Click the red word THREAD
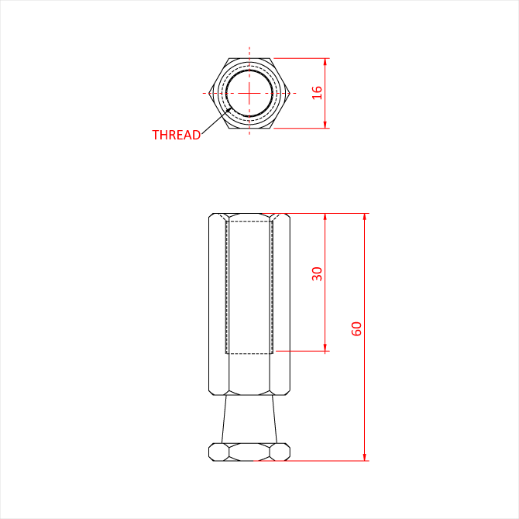176,135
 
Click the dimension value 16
317,93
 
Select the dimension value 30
317,273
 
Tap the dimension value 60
356,328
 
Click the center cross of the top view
249,93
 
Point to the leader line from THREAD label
216,121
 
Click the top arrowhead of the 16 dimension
325,61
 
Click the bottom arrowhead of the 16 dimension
325,125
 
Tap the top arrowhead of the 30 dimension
325,217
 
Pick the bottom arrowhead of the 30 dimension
325,348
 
